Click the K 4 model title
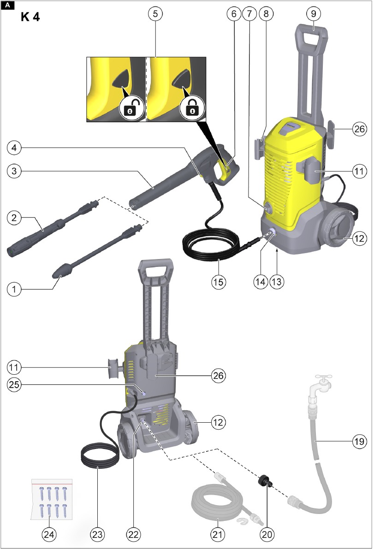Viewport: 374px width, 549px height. [30, 17]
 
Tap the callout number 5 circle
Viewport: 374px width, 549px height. [155, 14]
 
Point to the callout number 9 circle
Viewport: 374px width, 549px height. [313, 14]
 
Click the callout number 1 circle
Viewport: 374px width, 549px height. [14, 289]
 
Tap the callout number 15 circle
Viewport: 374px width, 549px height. [219, 282]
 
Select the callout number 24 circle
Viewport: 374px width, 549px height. [49, 534]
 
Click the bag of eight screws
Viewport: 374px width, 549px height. [52, 499]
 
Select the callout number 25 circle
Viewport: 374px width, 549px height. [14, 385]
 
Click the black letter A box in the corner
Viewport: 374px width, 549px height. [8, 5]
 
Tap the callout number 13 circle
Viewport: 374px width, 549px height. [277, 282]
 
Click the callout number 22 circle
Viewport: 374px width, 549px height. [133, 534]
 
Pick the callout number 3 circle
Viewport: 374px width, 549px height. [14, 171]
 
